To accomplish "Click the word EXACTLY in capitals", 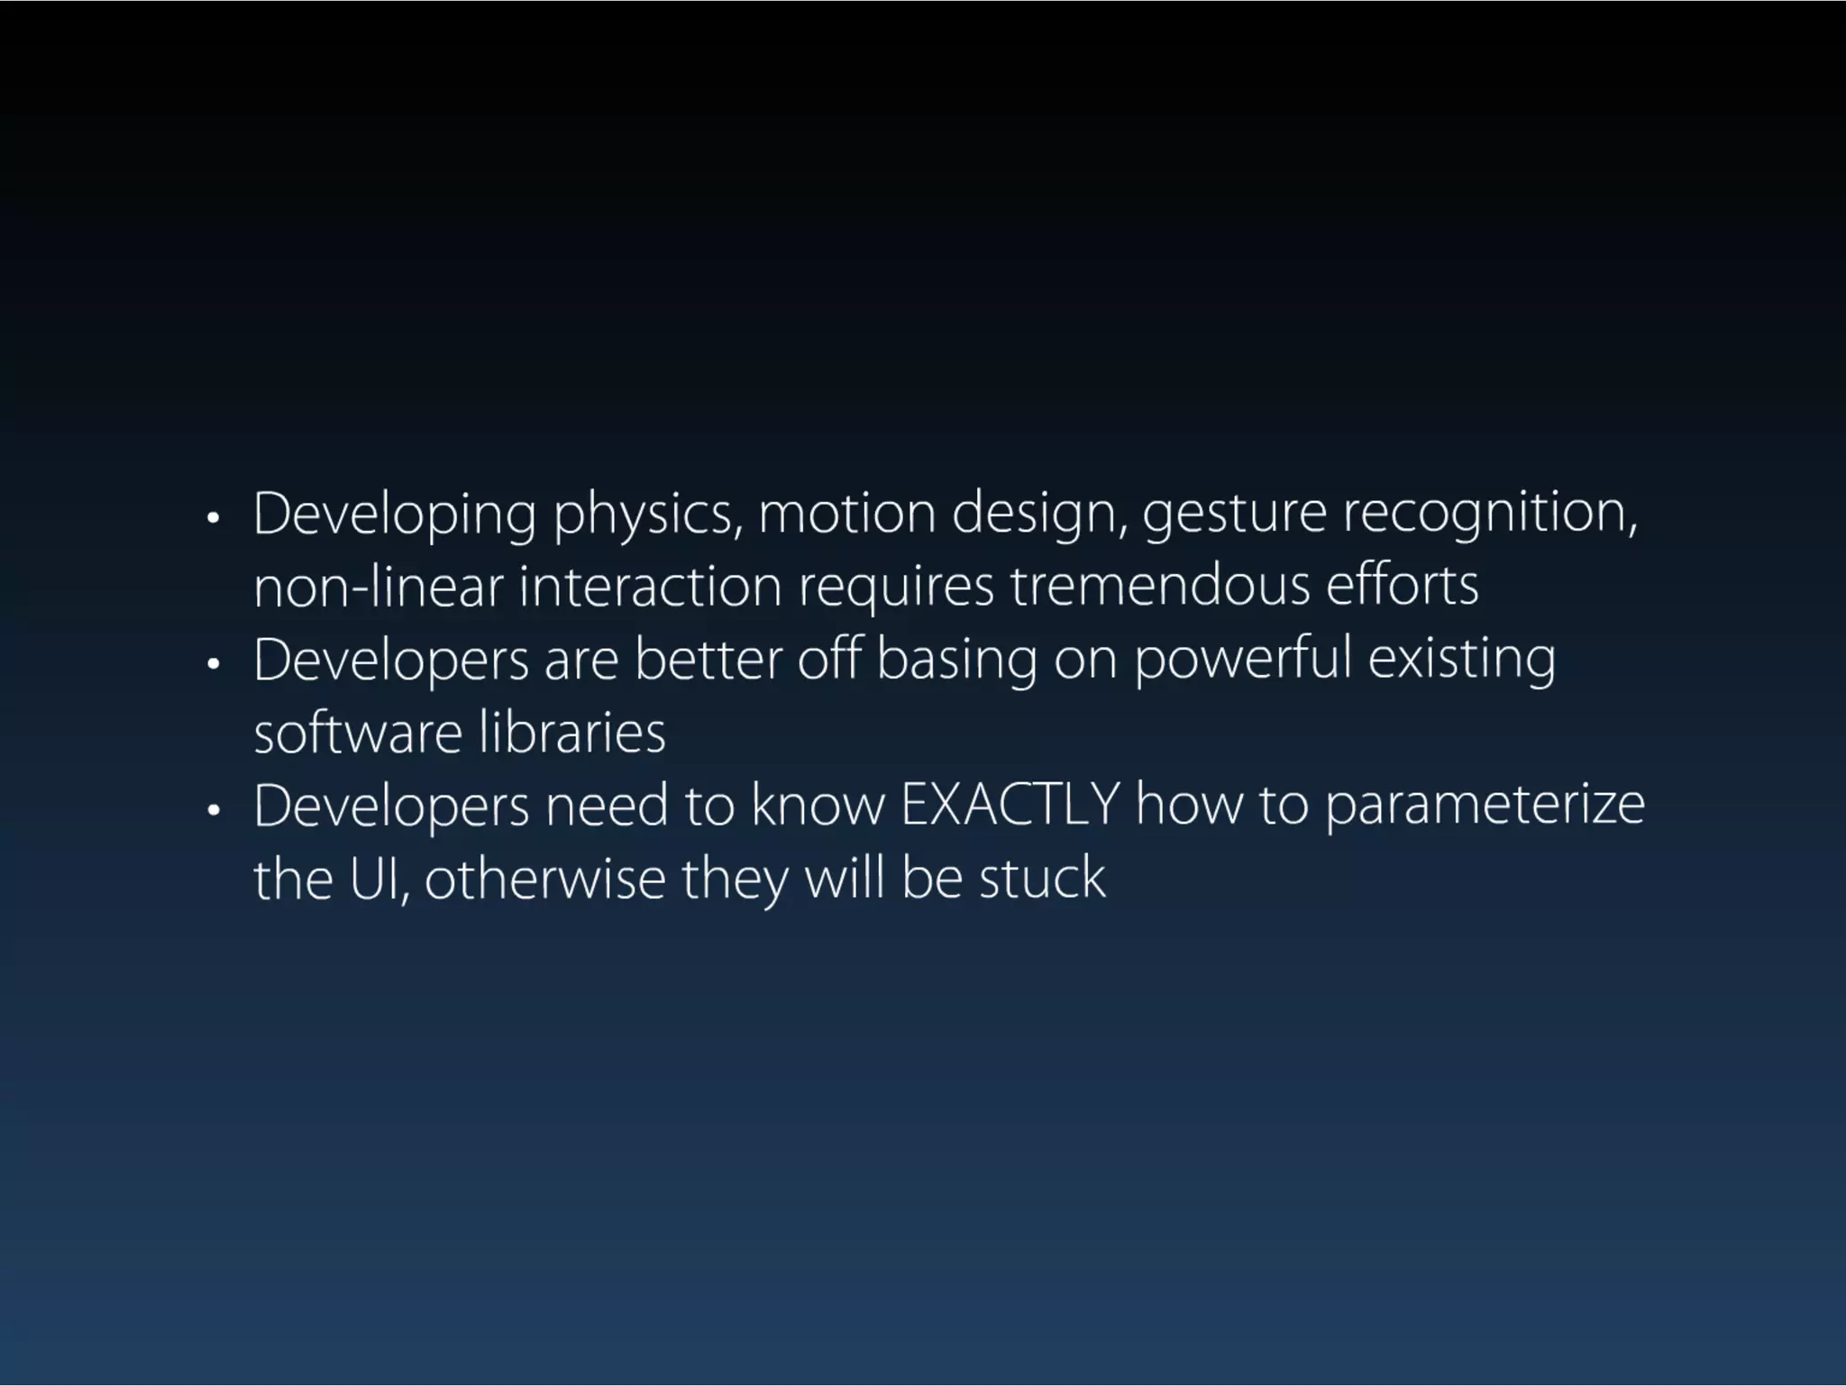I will point(1010,805).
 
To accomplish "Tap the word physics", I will point(648,515).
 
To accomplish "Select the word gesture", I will point(1235,515).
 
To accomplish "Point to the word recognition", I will point(1490,515).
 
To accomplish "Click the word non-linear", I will point(378,587).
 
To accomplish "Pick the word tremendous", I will point(1159,587).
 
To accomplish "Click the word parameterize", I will point(1485,807).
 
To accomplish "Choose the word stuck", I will point(1042,879).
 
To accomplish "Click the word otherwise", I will point(544,879).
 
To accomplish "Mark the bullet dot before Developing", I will point(213,518).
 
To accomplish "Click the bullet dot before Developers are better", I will point(213,664).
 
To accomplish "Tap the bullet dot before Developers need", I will point(213,810).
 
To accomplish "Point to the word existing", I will point(1461,661).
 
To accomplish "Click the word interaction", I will point(650,587).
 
